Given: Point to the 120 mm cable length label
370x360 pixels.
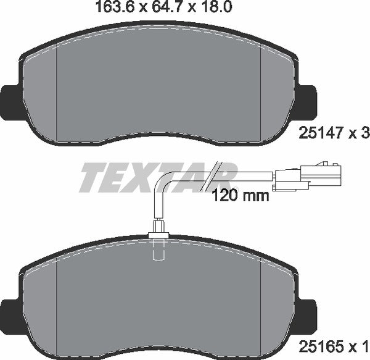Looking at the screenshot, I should click(240, 196).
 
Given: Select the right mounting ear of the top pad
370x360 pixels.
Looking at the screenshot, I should click(306, 99).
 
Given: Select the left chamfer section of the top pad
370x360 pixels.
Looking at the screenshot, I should click(41, 93).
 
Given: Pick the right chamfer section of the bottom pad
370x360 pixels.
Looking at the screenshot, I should click(276, 303).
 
